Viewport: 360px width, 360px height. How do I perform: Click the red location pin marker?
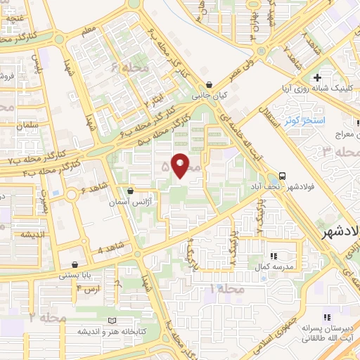181,165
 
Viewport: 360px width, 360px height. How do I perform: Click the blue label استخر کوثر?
303,120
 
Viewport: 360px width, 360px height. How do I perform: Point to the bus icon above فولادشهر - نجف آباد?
282,175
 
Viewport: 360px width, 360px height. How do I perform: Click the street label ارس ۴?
89,288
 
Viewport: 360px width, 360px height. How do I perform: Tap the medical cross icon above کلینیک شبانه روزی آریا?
318,77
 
